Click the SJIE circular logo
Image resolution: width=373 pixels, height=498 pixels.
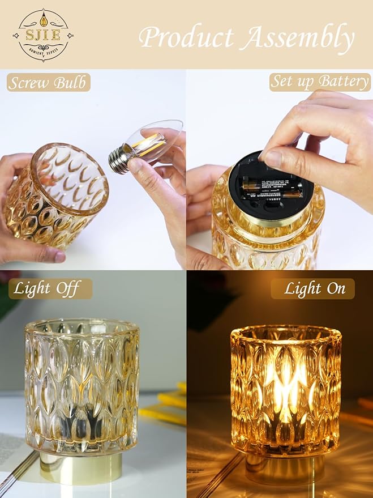coord(44,35)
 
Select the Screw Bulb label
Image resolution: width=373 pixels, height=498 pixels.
coord(49,83)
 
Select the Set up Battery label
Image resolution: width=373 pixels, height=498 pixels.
coord(319,82)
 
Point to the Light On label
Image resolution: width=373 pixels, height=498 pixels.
coord(314,288)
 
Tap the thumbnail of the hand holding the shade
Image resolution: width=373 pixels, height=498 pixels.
coord(59,257)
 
